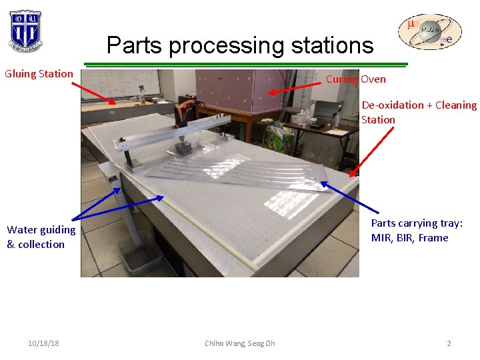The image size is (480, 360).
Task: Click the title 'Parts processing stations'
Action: coord(240,45)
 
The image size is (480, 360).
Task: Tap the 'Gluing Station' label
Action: coord(39,73)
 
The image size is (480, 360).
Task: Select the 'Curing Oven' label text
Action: coord(355,79)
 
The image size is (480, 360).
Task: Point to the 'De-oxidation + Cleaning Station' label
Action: coord(419,112)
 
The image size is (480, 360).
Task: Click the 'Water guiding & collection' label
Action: coord(41,237)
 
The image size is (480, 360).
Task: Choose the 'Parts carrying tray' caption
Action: coord(416,230)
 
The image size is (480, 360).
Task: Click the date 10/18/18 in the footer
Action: coord(43,343)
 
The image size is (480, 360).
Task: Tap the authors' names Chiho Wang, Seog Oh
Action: coord(239,343)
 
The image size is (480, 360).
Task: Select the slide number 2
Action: coord(449,343)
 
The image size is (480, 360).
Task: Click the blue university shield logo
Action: coord(26,31)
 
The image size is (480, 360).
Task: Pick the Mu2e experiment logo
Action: coord(429,33)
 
